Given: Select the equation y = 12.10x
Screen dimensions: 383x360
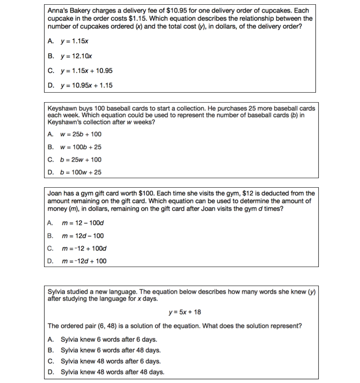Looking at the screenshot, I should click(x=76, y=57).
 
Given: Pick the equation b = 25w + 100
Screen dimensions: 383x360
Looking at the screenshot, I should click(x=81, y=160).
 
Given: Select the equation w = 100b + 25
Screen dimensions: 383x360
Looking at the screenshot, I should click(x=81, y=147).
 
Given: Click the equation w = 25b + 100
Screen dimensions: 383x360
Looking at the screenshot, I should click(x=81, y=134).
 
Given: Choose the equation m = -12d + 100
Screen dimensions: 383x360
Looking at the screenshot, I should click(x=85, y=261).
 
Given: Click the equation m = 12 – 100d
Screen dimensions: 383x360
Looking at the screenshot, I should click(x=83, y=223).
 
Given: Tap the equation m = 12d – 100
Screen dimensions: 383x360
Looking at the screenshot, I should click(x=83, y=236).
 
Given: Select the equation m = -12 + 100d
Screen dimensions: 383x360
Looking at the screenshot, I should click(x=85, y=248).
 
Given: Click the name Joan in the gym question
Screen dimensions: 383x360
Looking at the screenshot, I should click(x=56, y=193).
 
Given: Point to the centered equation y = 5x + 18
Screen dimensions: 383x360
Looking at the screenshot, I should click(x=185, y=312).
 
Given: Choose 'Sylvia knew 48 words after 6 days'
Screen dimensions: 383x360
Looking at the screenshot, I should click(x=111, y=361).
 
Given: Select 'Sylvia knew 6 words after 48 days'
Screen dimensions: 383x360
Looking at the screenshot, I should click(x=111, y=350).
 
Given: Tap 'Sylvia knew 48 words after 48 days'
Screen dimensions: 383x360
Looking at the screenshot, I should click(x=113, y=372).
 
